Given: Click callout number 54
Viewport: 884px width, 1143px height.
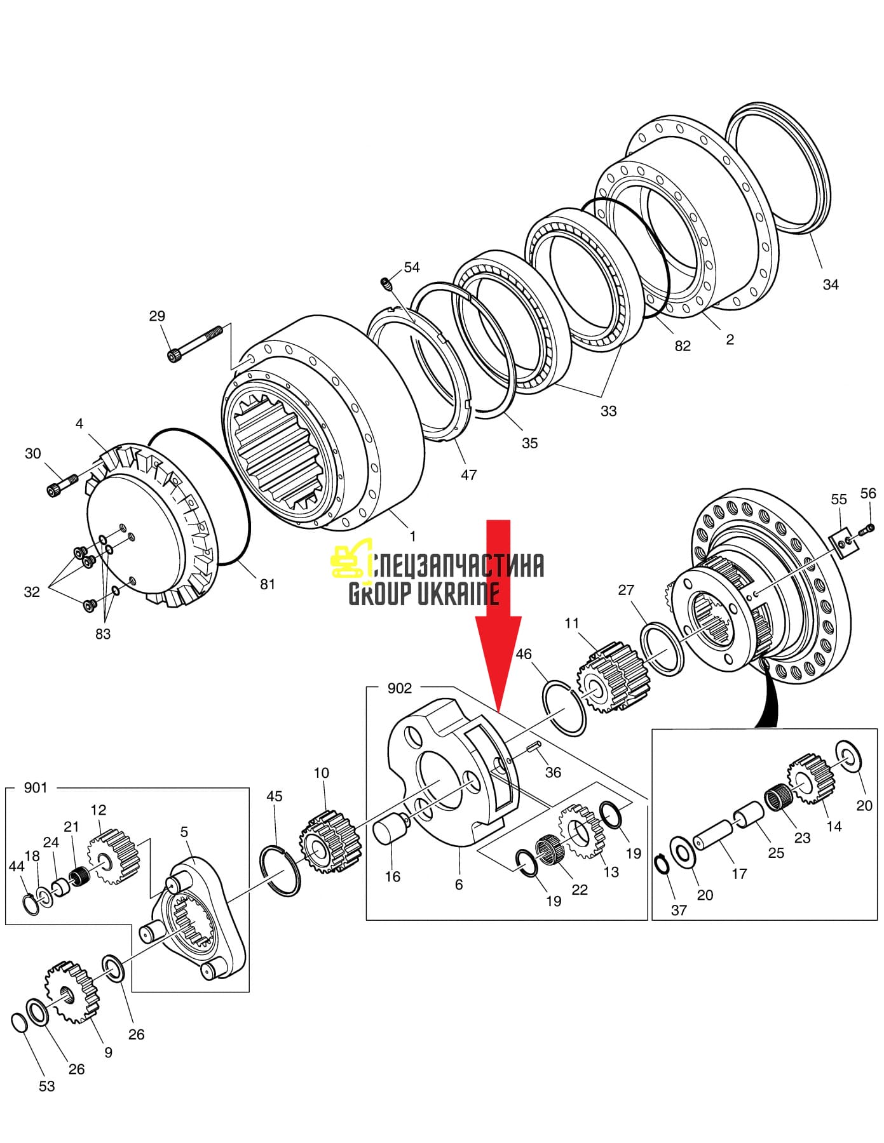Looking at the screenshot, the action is (x=412, y=267).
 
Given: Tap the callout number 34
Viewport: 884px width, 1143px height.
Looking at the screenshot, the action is (x=831, y=284).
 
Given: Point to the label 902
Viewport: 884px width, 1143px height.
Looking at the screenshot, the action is (x=400, y=688).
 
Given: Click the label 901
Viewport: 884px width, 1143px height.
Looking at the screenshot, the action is (x=36, y=787).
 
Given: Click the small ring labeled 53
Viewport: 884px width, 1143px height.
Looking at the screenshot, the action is (x=20, y=1023).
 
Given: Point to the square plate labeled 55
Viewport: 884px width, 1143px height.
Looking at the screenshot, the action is (x=843, y=543).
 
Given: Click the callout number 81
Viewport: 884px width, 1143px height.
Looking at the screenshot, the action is (x=268, y=584).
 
